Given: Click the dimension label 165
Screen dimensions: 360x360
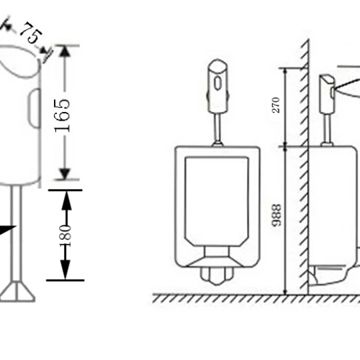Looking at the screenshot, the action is point(62,115).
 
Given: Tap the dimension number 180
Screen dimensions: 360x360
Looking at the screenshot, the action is point(65,235).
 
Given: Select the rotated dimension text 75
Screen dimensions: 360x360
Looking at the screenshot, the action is point(31,33).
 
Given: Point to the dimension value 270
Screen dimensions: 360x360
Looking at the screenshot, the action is point(276,105).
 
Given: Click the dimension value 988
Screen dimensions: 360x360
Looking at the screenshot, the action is point(276,215).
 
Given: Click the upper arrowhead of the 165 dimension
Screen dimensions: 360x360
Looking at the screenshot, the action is point(65,51).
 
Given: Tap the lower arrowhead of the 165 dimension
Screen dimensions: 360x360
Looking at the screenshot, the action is point(65,173).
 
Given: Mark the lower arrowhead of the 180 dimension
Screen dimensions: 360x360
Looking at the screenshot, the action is point(65,269).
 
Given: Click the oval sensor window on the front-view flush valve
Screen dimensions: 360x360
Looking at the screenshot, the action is point(217,83).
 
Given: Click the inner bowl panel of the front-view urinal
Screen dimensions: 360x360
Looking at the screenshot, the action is point(217,201).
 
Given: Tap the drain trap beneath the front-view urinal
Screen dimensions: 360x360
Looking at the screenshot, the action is point(216,275).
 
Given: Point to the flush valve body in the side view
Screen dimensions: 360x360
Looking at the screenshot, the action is point(327,94).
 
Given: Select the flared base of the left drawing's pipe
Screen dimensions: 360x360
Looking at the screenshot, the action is point(17,291).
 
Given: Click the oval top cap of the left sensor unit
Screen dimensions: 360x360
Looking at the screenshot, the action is point(19,61).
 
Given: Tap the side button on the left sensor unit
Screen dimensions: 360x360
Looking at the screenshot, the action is point(35,108).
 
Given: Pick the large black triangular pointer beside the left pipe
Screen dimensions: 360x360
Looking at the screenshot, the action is point(7,230).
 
